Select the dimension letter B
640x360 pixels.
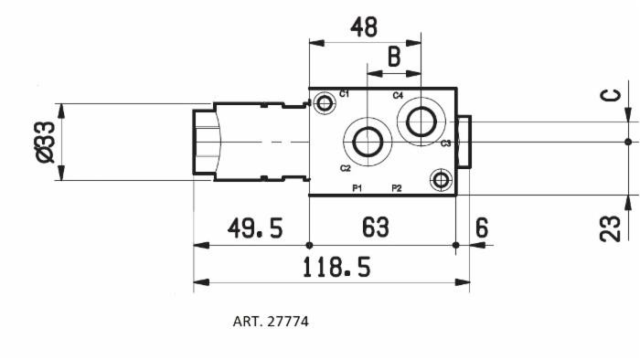(394, 58)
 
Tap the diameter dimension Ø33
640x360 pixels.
(44, 142)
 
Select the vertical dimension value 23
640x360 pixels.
(611, 227)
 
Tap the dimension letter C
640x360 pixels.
(611, 95)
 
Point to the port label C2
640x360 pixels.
(345, 168)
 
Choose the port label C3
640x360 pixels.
(445, 143)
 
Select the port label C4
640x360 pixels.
(398, 95)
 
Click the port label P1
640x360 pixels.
(357, 187)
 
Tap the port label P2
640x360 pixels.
(397, 187)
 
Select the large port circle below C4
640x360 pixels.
(421, 120)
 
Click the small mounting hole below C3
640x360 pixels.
(442, 179)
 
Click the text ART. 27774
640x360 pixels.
(271, 322)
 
